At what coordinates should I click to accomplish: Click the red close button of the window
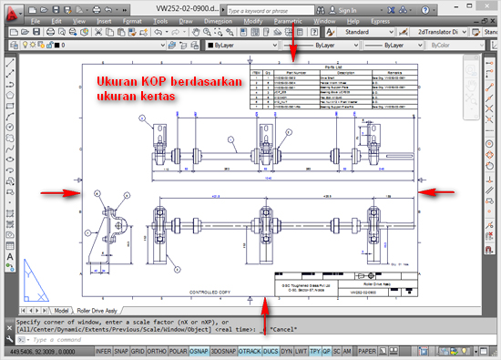pos(486,6)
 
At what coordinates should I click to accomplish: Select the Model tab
pos(63,310)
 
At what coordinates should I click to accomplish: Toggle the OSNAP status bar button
pos(198,350)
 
